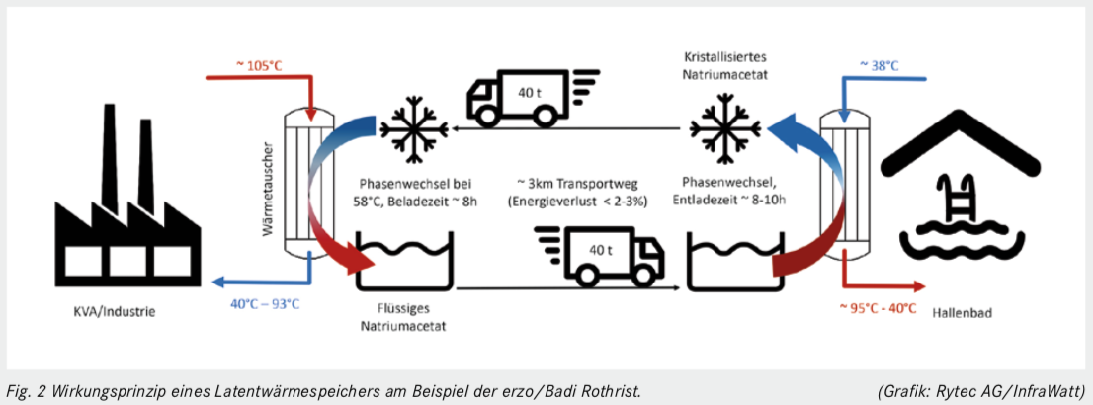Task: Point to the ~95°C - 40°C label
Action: tap(875, 307)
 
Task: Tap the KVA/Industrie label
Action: tap(108, 312)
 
